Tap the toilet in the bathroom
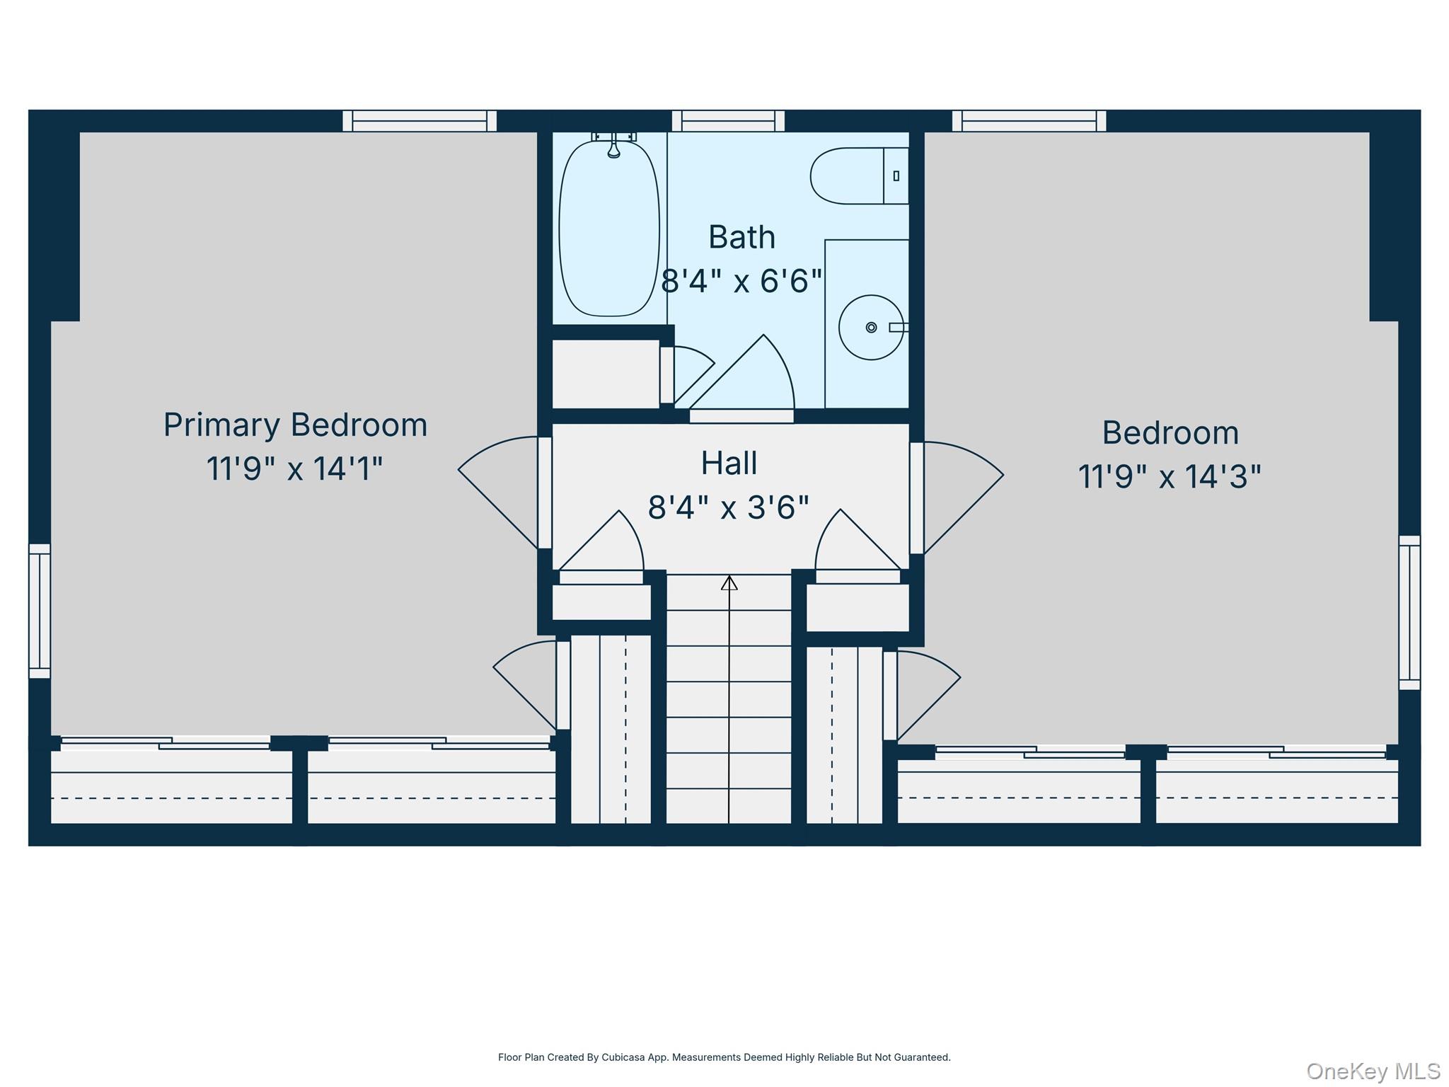(x=858, y=176)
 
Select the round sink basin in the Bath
(x=870, y=328)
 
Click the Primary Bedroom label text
(x=296, y=425)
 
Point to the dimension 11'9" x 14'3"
(x=1170, y=477)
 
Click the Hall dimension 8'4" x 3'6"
(x=728, y=507)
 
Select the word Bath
(x=741, y=237)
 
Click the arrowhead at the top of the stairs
(x=729, y=583)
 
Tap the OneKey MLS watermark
(x=1373, y=1071)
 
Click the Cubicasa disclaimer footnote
(x=724, y=1057)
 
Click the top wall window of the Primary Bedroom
(x=420, y=121)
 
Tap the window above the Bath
(x=728, y=121)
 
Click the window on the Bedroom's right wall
(x=1409, y=612)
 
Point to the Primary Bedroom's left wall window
(x=40, y=611)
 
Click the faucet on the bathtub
(x=613, y=145)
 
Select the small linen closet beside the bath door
(x=606, y=374)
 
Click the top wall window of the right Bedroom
(x=1029, y=121)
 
